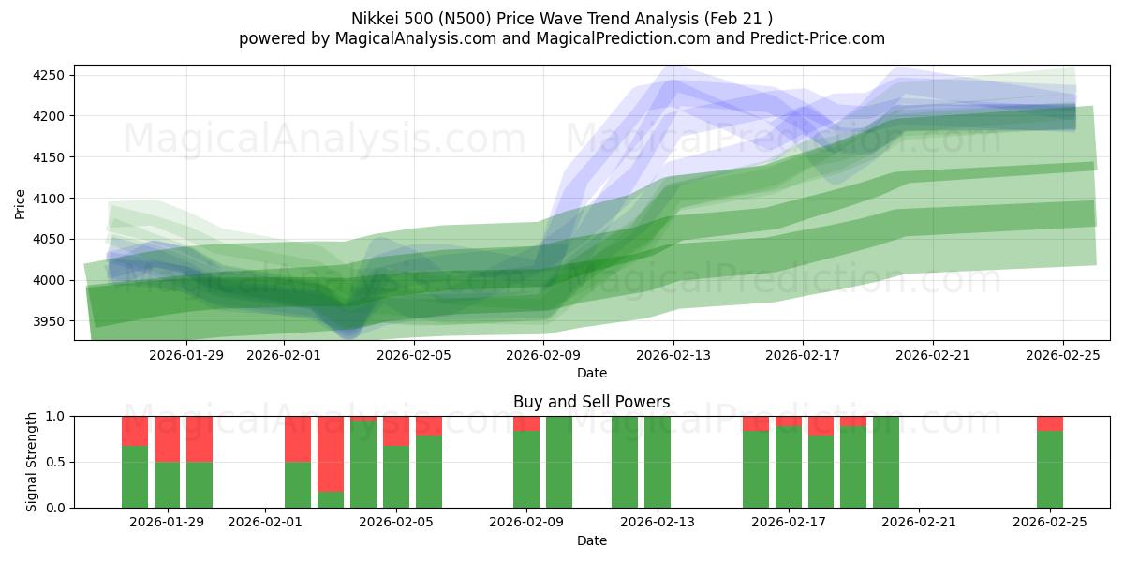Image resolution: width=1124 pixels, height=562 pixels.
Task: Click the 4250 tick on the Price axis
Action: (52, 75)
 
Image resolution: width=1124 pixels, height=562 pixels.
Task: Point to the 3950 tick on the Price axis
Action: (52, 321)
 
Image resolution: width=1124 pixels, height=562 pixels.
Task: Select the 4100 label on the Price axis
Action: (52, 199)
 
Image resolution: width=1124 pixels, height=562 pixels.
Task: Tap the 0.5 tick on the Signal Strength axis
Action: (57, 462)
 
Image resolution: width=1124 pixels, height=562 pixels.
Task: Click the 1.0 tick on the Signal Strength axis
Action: (57, 416)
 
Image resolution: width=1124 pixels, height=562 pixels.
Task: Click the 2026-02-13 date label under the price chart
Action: (673, 355)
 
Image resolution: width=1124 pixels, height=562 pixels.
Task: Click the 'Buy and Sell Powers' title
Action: (591, 402)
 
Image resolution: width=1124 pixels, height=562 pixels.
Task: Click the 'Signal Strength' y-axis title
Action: (31, 462)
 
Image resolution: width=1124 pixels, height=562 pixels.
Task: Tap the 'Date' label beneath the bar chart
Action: (591, 540)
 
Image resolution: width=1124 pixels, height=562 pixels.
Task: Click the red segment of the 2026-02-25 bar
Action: (1049, 423)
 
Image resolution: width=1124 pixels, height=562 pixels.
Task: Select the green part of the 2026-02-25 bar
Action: (1049, 469)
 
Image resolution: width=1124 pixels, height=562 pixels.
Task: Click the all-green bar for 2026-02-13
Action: (657, 462)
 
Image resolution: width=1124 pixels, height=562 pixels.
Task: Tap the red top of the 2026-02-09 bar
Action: (526, 423)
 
